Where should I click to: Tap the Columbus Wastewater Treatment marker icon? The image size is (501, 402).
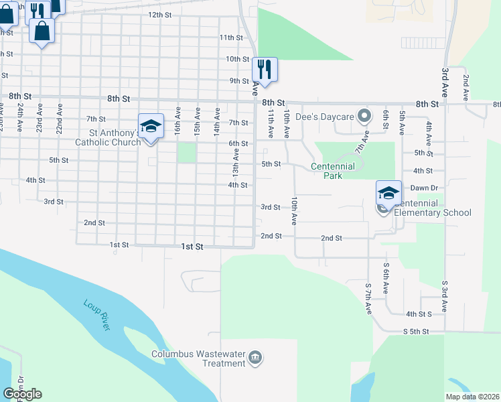(x=255, y=358)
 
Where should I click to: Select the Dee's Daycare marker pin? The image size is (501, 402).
(x=364, y=117)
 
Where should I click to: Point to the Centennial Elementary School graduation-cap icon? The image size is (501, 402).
(x=388, y=193)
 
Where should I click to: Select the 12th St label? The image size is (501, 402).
(x=160, y=14)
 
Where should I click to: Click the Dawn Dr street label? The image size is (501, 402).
(x=424, y=188)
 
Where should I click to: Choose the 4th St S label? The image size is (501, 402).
(x=419, y=314)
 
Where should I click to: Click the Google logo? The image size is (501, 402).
(x=22, y=394)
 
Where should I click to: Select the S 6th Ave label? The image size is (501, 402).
(x=386, y=277)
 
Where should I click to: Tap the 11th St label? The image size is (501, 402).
(x=230, y=38)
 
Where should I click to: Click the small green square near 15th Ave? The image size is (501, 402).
(x=187, y=153)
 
